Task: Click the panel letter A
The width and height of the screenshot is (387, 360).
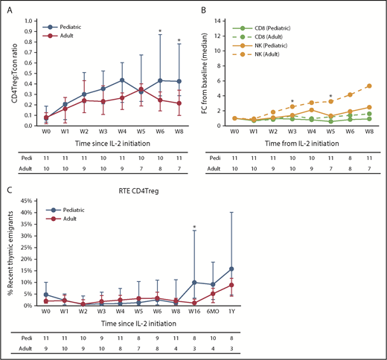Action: coord(7,10)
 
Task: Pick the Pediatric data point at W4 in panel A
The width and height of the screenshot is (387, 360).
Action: coord(121,80)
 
